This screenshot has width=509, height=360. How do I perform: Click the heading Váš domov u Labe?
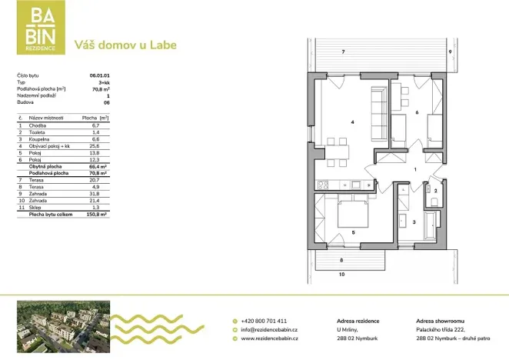pos(125,45)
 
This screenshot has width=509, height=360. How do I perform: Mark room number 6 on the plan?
pos(416,113)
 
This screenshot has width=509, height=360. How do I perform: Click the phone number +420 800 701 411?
pos(264,320)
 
